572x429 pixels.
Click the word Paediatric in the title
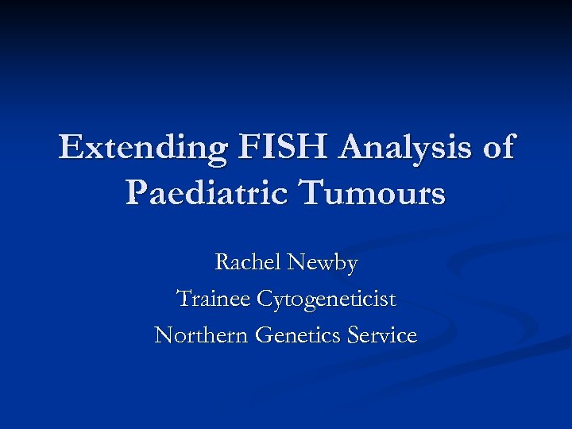[210, 192]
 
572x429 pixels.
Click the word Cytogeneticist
[326, 300]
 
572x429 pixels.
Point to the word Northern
[201, 335]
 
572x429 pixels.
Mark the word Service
[382, 335]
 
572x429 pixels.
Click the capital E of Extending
[70, 148]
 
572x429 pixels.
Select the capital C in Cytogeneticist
[264, 299]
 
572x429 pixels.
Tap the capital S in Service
[354, 335]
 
